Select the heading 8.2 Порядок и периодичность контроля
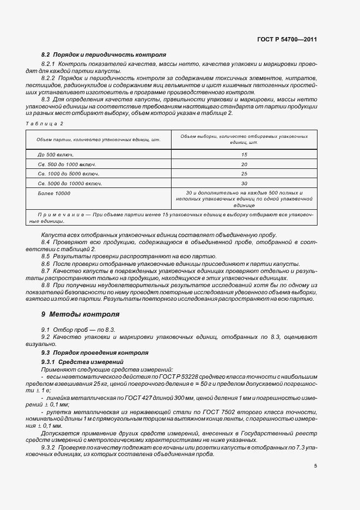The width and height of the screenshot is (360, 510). [x=104, y=55]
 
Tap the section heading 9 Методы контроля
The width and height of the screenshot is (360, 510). [x=80, y=315]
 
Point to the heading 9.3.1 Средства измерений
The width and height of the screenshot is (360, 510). [x=83, y=362]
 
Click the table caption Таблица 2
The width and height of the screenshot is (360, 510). [x=45, y=123]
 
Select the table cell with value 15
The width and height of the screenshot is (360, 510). [x=244, y=155]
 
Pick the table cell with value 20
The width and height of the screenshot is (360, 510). [x=244, y=164]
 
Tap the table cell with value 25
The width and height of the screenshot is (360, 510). [x=244, y=174]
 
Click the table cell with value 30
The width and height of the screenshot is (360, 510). [x=244, y=184]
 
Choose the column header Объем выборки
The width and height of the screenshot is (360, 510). [x=244, y=139]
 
